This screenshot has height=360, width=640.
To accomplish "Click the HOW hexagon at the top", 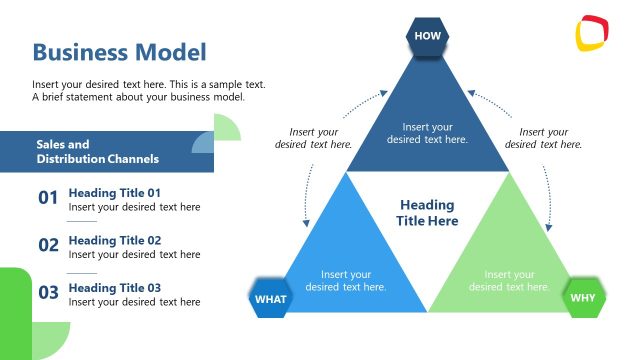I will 427,36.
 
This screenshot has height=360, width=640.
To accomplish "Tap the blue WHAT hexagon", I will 269,298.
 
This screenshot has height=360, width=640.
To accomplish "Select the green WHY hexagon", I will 584,298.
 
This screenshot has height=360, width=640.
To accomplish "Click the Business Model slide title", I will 119,52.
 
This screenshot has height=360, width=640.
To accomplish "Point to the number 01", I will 48,198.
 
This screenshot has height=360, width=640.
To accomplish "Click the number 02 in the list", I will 48,245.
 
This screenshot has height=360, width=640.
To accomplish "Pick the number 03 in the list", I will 48,293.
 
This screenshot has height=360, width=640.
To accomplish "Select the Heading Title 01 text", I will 114,192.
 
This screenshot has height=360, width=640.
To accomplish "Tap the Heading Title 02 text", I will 114,240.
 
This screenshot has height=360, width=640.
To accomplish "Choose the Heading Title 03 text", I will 114,287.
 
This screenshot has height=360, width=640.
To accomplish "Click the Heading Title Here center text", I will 427,213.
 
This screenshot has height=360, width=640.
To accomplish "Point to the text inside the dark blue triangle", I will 427,133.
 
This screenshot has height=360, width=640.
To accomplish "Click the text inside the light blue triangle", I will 346,280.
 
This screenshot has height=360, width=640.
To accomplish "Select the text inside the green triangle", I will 510,280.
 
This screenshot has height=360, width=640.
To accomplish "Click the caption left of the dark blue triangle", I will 314,138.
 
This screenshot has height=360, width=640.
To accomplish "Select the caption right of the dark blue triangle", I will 544,138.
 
